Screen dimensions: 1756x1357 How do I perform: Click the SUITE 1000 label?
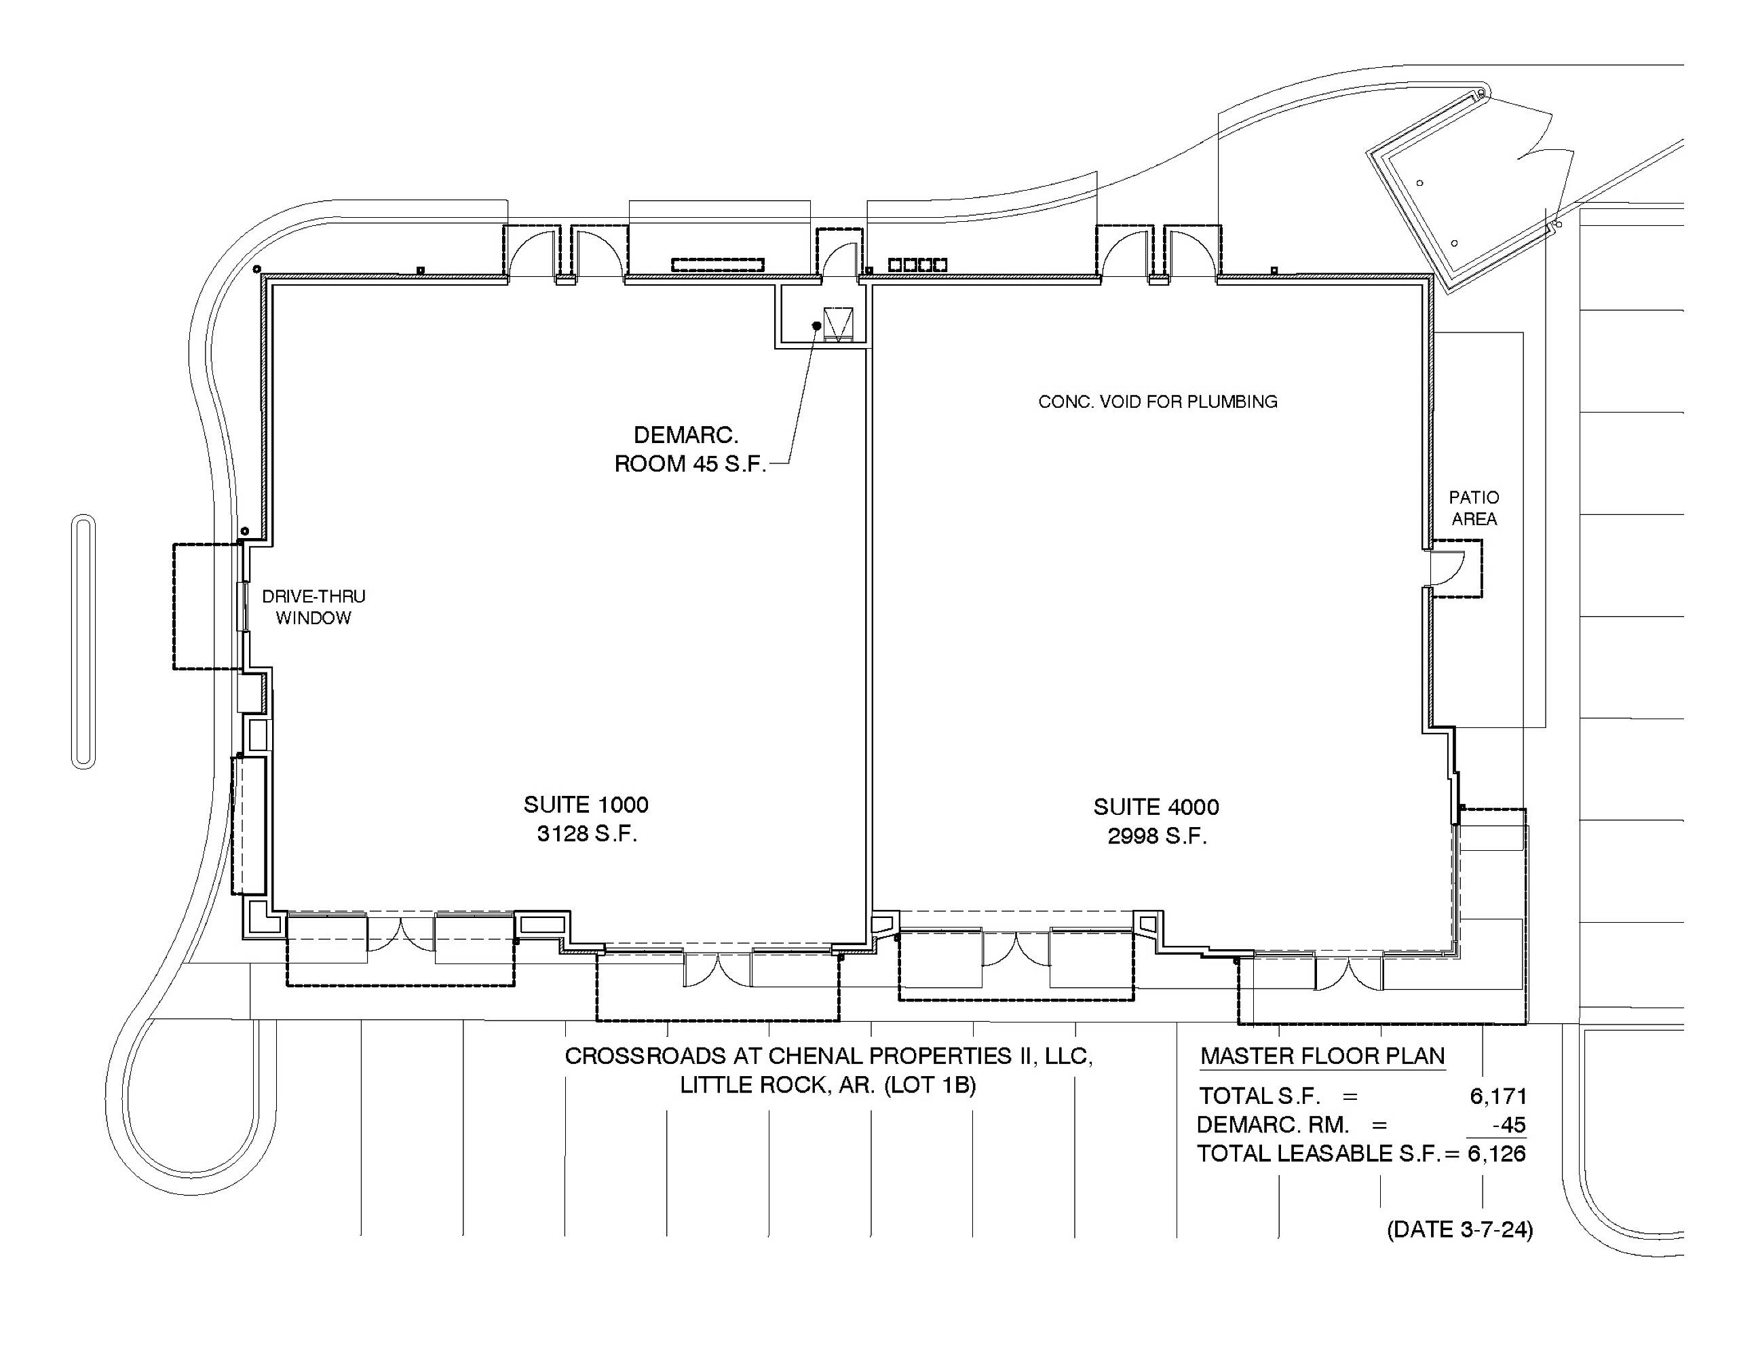tap(586, 805)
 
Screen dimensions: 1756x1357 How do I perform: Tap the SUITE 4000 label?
tap(1156, 807)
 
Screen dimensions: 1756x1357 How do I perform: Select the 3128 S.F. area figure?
tap(587, 835)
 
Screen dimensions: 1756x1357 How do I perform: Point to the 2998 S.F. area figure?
tap(1157, 837)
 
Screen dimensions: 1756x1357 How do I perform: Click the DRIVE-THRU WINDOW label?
tap(313, 607)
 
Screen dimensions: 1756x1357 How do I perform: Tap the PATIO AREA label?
tap(1474, 508)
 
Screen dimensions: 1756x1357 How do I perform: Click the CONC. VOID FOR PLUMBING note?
tap(1158, 402)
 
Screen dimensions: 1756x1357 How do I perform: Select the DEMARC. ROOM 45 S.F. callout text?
tap(690, 449)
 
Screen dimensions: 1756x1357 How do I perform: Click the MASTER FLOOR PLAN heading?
tap(1322, 1056)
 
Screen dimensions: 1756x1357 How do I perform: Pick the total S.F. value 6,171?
tap(1498, 1096)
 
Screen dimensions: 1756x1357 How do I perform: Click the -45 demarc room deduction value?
tap(1509, 1126)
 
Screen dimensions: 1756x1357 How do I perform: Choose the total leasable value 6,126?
tap(1497, 1154)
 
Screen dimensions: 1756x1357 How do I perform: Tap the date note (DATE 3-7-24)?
tap(1459, 1230)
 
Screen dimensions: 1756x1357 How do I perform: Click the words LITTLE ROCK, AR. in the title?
tap(778, 1086)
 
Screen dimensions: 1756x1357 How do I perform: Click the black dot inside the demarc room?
tap(816, 326)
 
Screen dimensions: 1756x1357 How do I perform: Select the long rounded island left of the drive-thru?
tap(83, 641)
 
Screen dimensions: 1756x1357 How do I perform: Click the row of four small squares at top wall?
tap(917, 265)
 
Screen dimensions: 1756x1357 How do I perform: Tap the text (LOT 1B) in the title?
tap(930, 1086)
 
